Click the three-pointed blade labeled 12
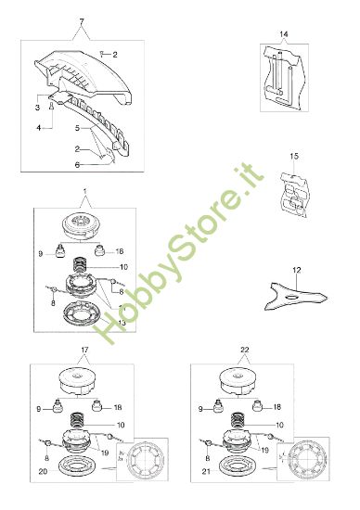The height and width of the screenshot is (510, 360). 294,296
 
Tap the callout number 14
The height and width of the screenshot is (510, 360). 284,33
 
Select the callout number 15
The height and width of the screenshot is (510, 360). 294,156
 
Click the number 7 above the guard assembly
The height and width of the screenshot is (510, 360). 82,21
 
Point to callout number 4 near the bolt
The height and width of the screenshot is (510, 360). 39,128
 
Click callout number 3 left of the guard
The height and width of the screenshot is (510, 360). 37,108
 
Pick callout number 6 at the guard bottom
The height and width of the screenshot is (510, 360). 77,165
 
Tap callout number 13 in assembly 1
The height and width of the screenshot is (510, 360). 122,323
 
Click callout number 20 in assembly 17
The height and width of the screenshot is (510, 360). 43,471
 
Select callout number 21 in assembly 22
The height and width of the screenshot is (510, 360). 206,471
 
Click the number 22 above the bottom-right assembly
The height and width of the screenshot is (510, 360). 244,350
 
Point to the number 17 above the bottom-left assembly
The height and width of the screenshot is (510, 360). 84,350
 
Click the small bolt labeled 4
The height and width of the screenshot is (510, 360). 51,106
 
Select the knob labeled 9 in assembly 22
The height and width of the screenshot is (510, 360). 218,406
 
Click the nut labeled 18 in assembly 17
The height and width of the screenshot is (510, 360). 97,405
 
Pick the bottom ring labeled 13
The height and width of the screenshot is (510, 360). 81,313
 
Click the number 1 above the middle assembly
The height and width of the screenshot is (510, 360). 85,191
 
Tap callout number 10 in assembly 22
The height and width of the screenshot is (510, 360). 279,425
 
